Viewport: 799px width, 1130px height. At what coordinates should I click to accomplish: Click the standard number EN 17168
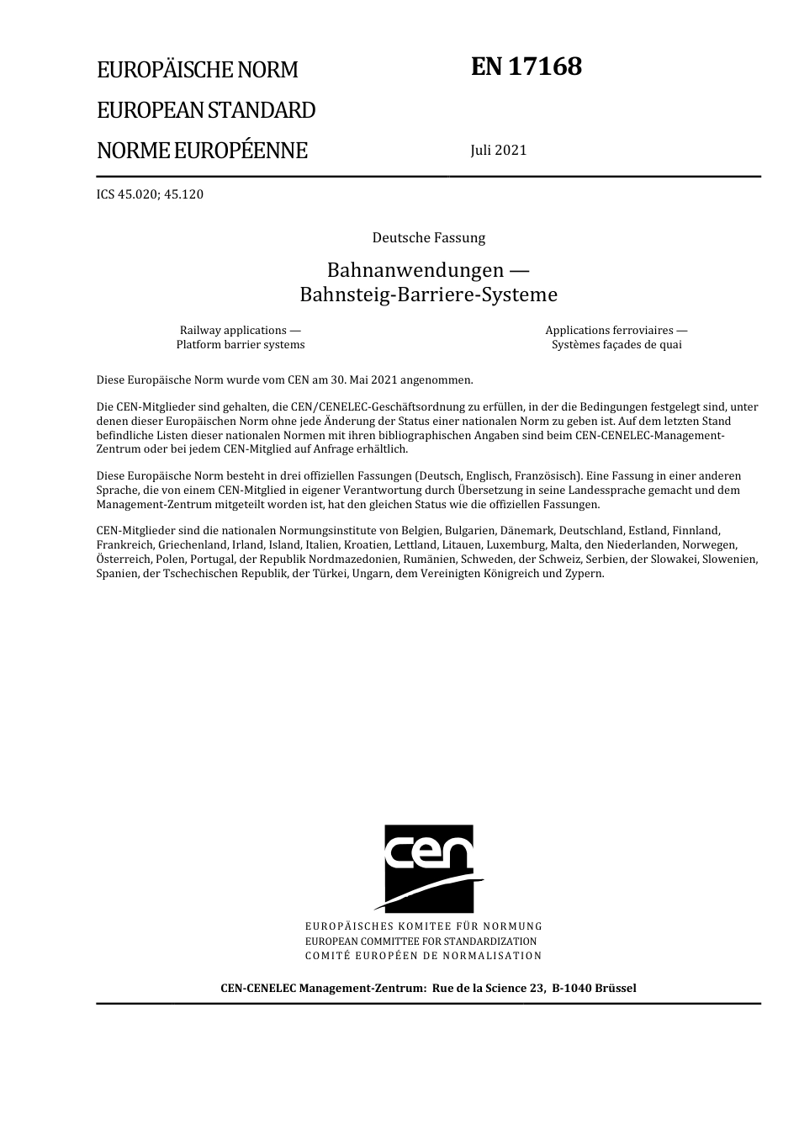coord(526,66)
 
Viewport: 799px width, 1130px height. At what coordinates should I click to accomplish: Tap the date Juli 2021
coord(499,151)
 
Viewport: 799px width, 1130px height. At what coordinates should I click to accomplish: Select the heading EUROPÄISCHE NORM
coord(198,70)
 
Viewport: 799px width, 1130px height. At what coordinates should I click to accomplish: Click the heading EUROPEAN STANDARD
coord(206,110)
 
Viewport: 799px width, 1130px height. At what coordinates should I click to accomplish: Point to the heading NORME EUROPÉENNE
coord(202,151)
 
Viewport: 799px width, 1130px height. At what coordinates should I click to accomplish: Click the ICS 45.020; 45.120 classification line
coord(150,194)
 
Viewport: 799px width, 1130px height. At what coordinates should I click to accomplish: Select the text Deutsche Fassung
coord(429,238)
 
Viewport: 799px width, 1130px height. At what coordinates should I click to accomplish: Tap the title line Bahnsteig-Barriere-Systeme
coord(428,294)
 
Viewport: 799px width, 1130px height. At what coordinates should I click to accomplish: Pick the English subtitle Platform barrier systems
coord(241,345)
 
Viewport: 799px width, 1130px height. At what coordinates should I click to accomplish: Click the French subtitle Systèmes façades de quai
coord(616,345)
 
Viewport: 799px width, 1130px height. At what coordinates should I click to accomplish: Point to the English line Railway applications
coord(241,331)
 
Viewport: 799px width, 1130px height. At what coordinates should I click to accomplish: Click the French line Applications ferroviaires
coord(616,331)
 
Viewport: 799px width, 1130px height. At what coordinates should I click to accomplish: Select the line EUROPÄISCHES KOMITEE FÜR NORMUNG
coord(424,926)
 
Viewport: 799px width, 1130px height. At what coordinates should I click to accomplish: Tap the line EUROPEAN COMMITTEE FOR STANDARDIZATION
coord(421,942)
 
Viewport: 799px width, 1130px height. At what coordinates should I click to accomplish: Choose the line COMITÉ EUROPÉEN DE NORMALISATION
coord(424,956)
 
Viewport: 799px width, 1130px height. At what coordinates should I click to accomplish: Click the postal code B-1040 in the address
coord(571,989)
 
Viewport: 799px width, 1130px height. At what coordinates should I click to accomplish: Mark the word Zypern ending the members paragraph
coord(585,574)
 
